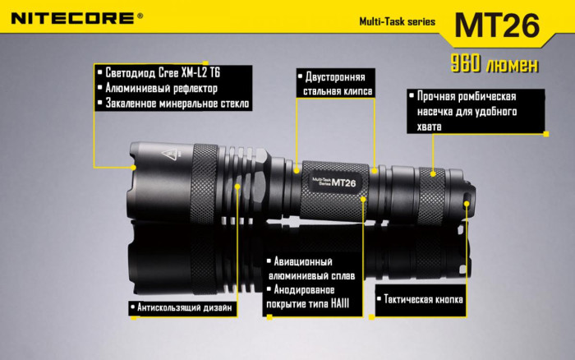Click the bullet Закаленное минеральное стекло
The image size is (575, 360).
coord(172,104)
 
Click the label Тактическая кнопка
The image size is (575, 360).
coord(420,299)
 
